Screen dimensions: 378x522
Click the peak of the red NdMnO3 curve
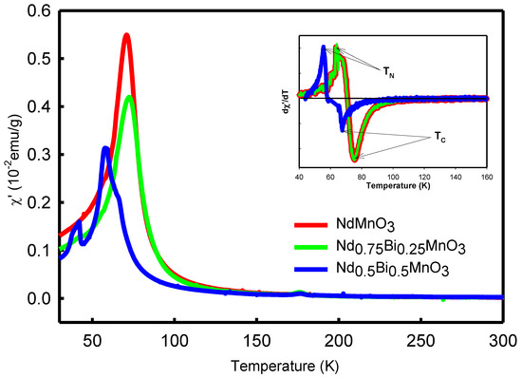(126, 36)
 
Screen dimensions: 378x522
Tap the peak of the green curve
(130, 97)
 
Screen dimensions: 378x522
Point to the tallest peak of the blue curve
(105, 148)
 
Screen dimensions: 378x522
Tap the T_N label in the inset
(389, 72)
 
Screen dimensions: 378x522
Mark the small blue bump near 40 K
(77, 224)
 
